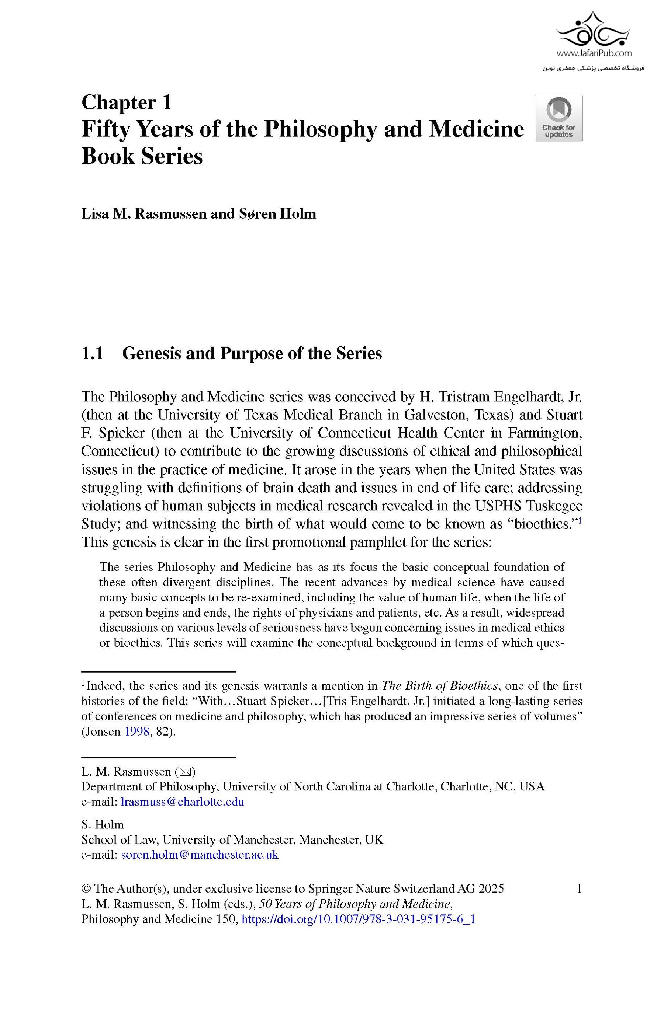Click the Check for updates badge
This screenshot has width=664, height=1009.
tap(558, 118)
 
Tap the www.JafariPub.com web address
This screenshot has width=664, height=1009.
tap(594, 53)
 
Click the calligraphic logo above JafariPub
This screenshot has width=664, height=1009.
tap(593, 30)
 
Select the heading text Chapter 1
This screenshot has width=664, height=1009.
tap(126, 102)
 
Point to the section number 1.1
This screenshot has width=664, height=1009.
tap(93, 353)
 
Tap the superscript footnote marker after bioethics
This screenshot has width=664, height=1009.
tap(580, 521)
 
